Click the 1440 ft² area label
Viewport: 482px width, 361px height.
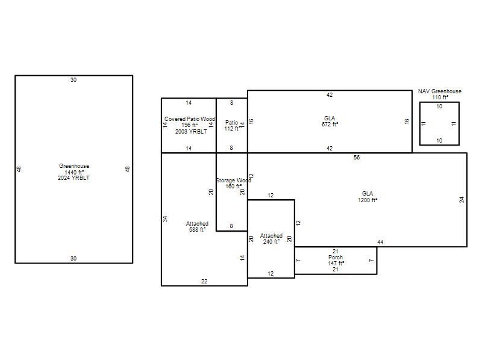tap(74, 172)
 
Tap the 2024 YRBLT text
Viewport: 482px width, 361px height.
tap(74, 178)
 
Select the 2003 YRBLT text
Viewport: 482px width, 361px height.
tap(191, 131)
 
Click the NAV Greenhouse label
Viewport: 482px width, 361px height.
tap(440, 91)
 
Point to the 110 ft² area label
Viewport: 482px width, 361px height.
tap(440, 97)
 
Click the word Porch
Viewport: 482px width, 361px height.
tap(336, 258)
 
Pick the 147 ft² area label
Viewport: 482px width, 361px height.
tap(336, 264)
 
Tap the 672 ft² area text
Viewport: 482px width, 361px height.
tap(330, 125)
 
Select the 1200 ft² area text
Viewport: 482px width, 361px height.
tap(368, 200)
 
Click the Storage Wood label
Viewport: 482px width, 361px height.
tap(234, 180)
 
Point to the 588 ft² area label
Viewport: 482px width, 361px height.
tap(198, 230)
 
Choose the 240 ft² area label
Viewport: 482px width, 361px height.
tap(272, 242)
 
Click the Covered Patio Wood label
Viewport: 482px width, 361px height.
tap(190, 119)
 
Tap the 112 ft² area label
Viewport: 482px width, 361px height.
tap(233, 129)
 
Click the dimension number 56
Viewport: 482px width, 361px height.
tap(357, 158)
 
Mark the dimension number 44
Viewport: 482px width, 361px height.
tap(380, 242)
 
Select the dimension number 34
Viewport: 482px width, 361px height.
tap(165, 219)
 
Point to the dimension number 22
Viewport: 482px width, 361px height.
tap(204, 281)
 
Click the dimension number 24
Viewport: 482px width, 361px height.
tap(462, 200)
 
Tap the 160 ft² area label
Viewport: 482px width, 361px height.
tap(234, 187)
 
